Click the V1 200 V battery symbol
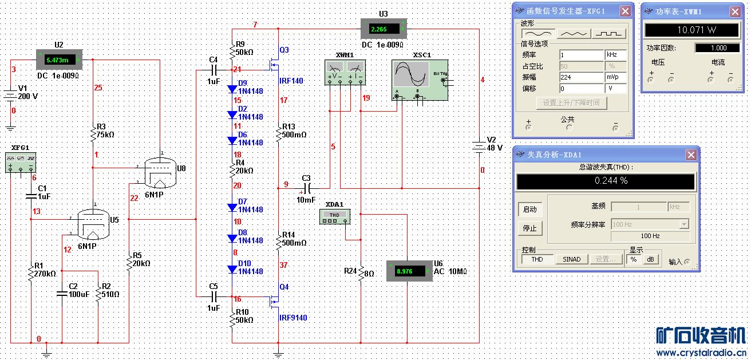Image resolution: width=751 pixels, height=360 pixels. pos(10,95)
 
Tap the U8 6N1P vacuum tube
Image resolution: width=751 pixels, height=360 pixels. pos(157,172)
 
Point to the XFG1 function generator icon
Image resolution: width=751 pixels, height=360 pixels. pos(21,162)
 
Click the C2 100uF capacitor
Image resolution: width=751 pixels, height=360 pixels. pos(62,294)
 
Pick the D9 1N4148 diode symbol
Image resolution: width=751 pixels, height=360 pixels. pos(232,89)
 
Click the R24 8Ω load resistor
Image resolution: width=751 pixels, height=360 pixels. pos(361,274)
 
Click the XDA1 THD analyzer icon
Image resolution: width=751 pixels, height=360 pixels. pos(334,216)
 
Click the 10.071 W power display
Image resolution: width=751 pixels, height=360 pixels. pos(691,30)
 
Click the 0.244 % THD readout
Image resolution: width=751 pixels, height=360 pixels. pos(606,181)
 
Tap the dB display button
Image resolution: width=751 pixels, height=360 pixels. pos(650,259)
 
